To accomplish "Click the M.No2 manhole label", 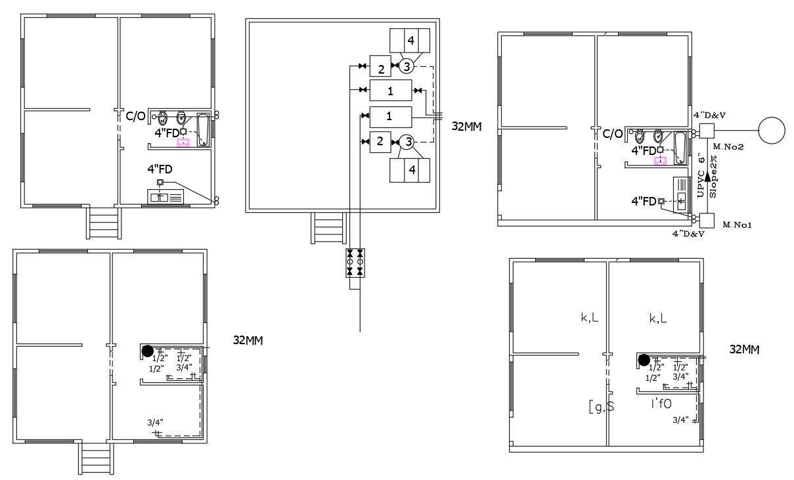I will click(729, 146).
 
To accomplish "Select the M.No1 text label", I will click(737, 225).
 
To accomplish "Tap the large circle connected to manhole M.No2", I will click(772, 130).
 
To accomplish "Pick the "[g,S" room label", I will click(600, 406).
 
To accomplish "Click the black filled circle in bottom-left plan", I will click(148, 351).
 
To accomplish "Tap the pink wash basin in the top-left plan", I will click(183, 141).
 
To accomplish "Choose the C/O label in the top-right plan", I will click(612, 134).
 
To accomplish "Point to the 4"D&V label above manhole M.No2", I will click(708, 115).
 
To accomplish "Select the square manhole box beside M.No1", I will click(707, 220).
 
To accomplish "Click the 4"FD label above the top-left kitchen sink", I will click(160, 169).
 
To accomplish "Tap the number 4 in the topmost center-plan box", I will click(410, 41).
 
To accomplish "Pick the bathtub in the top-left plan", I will click(204, 129).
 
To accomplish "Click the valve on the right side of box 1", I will click(418, 89).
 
